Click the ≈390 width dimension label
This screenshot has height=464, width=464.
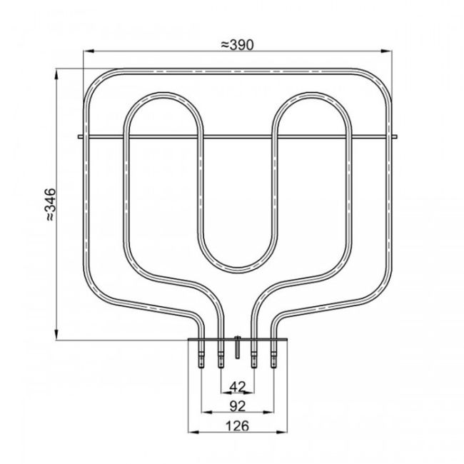(236, 44)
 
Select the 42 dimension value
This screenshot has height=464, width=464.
(236, 386)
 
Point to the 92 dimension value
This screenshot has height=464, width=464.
(236, 406)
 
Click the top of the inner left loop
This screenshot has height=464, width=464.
(163, 95)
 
